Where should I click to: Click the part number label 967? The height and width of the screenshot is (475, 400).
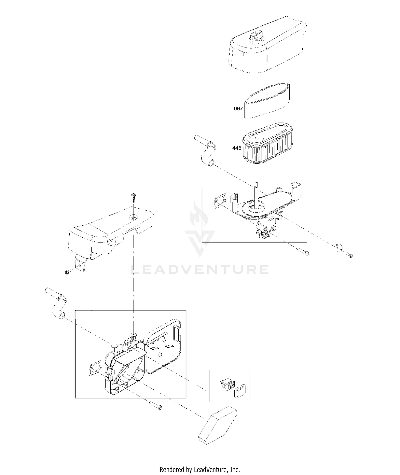click(238, 109)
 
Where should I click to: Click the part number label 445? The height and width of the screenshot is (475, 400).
click(237, 148)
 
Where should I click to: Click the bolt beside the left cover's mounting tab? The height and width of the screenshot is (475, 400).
click(67, 272)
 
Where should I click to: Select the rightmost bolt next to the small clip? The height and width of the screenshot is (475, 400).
click(349, 255)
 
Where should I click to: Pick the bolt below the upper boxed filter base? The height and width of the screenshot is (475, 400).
click(303, 252)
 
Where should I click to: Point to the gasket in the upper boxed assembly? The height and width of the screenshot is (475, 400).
click(221, 203)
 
